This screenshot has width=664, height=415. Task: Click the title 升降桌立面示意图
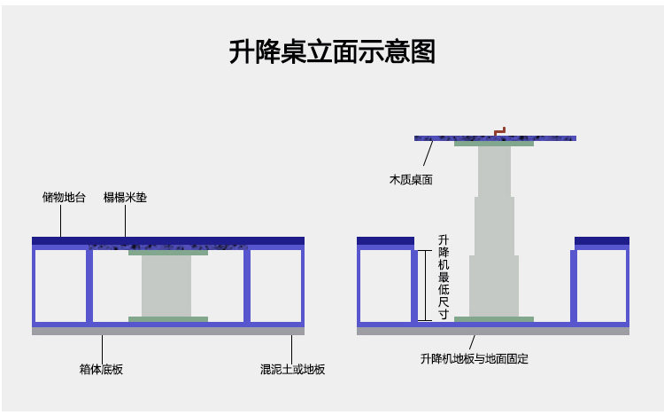(332, 51)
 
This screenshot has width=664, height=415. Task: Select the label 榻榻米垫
(125, 197)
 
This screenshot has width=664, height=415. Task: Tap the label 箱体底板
(101, 369)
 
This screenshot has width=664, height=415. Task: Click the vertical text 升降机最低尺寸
(443, 277)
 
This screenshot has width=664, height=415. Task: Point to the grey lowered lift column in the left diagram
(166, 286)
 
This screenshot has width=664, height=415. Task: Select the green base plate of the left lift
(168, 319)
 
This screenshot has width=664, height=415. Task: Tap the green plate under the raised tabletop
(494, 144)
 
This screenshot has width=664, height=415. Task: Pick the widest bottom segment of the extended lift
(494, 286)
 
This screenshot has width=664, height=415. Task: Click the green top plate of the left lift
(168, 253)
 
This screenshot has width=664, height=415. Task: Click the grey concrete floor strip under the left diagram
(168, 331)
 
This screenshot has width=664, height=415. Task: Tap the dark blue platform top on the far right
(602, 240)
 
